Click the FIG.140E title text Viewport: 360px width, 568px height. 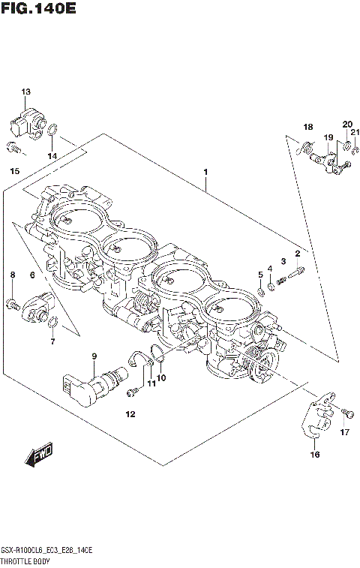point(39,10)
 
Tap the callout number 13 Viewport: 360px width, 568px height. point(26,92)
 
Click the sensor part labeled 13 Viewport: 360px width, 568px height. point(27,121)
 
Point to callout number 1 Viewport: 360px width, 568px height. point(205,172)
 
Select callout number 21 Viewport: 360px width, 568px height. point(355,133)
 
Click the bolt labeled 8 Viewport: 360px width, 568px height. point(12,303)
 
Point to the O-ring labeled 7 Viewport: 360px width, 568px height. point(52,323)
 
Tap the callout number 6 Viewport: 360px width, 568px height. point(32,275)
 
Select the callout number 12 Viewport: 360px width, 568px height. point(130,414)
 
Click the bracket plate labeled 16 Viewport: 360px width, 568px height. point(315,420)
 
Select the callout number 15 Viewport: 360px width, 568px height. point(14,172)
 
